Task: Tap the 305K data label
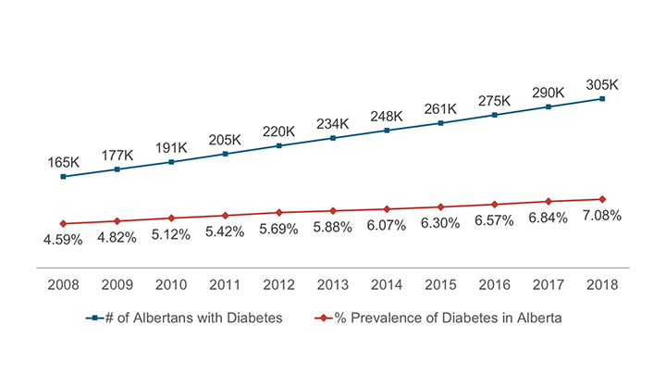pos(601,84)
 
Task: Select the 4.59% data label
pos(63,239)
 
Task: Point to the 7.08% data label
pos(602,215)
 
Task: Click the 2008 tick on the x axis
pos(63,283)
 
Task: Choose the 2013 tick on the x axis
pos(332,283)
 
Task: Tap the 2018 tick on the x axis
pos(602,283)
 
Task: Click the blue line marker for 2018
pos(602,99)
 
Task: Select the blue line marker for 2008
pos(63,177)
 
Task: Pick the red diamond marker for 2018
pos(602,199)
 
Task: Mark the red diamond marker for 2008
pos(63,223)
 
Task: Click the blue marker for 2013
pos(332,138)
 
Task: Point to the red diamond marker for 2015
pos(440,206)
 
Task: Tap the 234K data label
pos(331,123)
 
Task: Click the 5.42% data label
pos(225,231)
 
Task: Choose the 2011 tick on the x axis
pos(225,283)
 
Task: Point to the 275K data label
pos(494,100)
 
